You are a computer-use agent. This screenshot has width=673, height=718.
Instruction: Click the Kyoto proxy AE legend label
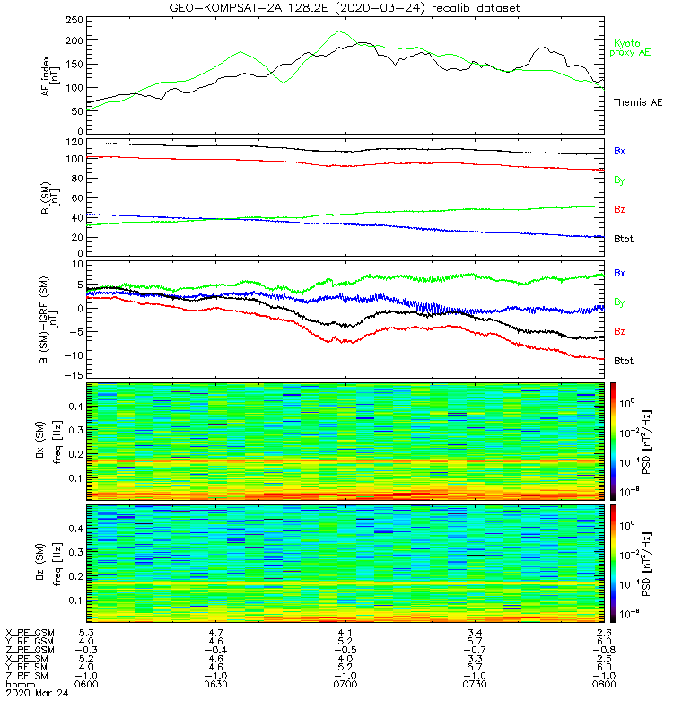[x=630, y=48]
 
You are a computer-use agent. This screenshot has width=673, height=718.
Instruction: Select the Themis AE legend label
[x=638, y=102]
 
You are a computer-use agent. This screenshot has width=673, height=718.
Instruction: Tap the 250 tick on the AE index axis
[x=74, y=20]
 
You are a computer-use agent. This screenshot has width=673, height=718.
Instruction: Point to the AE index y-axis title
[x=50, y=76]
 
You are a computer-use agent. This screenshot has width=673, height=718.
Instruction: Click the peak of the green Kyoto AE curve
[x=339, y=31]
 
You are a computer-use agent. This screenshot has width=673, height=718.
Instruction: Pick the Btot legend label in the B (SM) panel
[x=624, y=239]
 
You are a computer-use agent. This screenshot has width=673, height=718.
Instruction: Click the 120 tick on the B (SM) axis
[x=74, y=143]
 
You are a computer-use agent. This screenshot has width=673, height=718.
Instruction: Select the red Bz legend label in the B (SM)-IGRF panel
[x=619, y=331]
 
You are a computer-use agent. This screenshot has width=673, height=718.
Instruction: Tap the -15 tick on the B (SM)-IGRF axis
[x=75, y=375]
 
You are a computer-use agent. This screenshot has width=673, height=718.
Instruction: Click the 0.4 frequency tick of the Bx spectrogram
[x=76, y=407]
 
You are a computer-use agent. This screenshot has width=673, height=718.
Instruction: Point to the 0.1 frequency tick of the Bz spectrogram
[x=76, y=600]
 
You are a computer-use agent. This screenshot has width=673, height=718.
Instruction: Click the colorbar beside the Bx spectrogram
[x=613, y=442]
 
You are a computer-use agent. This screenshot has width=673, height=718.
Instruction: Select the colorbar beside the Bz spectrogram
[x=613, y=564]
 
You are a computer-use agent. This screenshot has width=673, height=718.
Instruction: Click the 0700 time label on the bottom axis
[x=345, y=685]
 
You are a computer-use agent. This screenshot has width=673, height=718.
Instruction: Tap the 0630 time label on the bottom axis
[x=215, y=685]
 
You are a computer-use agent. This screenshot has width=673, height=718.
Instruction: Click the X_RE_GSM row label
[x=30, y=634]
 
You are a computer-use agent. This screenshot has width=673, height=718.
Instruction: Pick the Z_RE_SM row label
[x=27, y=676]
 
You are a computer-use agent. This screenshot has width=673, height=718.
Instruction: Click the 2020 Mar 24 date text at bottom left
[x=37, y=693]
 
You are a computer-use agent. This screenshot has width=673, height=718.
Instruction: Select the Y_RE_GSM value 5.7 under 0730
[x=475, y=642]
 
